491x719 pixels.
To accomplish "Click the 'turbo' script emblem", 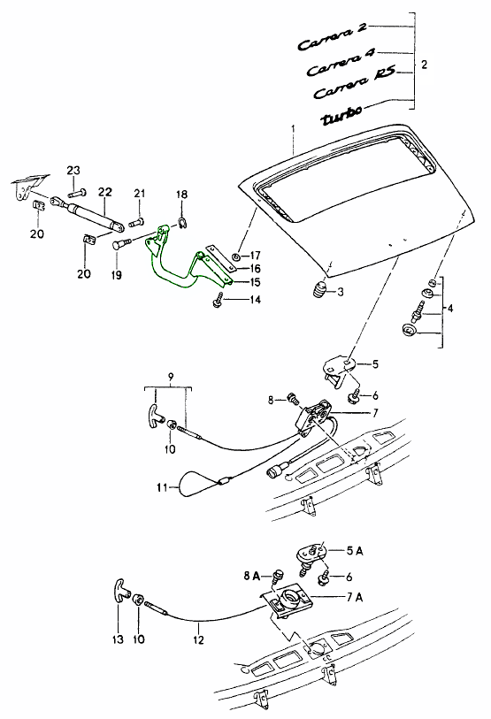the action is (x=341, y=116).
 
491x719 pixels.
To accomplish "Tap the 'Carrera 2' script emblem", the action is (x=333, y=38).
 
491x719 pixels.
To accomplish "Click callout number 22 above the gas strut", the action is (x=104, y=191).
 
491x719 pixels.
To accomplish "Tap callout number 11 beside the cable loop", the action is (x=162, y=487).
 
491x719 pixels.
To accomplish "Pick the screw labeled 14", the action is (x=218, y=302).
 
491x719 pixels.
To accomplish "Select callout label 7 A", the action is (x=353, y=597).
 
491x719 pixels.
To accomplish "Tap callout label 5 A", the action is (x=354, y=550).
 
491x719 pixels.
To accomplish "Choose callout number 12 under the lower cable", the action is (x=198, y=639).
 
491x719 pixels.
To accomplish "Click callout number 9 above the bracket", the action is (x=170, y=377).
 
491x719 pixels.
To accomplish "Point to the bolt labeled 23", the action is (x=79, y=191).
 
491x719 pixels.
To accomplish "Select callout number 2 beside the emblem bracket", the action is (x=424, y=65).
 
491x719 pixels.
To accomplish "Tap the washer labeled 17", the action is (x=235, y=256).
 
